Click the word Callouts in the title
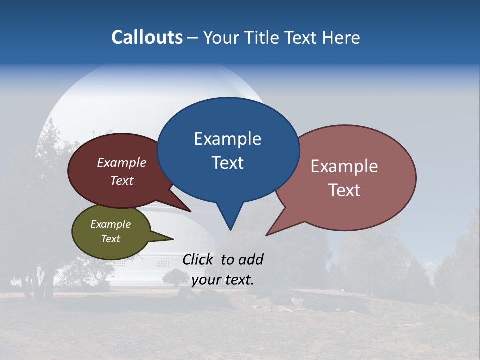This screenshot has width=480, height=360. [147, 37]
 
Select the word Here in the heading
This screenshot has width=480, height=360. [342, 37]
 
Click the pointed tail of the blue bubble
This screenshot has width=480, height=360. [230, 222]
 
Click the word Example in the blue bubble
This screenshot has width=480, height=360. [227, 139]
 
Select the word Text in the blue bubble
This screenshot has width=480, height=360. [227, 163]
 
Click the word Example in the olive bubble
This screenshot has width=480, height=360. [110, 224]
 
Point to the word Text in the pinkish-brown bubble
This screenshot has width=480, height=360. [345, 190]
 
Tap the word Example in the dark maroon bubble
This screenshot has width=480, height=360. [121, 163]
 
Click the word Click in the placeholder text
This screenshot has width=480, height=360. [199, 259]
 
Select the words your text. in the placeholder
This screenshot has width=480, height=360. [223, 280]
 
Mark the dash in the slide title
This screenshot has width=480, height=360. [192, 38]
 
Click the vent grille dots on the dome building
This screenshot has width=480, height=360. [163, 263]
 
